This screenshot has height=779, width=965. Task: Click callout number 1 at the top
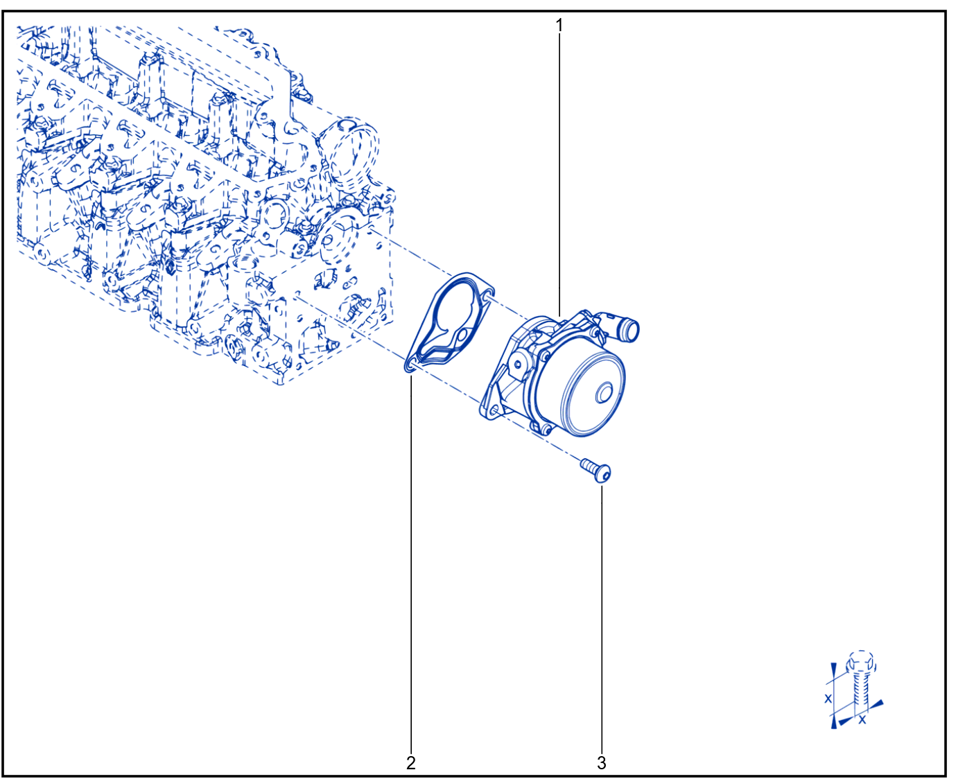click(559, 26)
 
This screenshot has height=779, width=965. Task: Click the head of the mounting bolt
click(603, 474)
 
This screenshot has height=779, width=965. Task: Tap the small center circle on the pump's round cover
click(605, 392)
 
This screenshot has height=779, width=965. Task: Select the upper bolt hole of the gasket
click(487, 296)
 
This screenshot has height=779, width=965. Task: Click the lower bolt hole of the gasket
click(411, 366)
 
